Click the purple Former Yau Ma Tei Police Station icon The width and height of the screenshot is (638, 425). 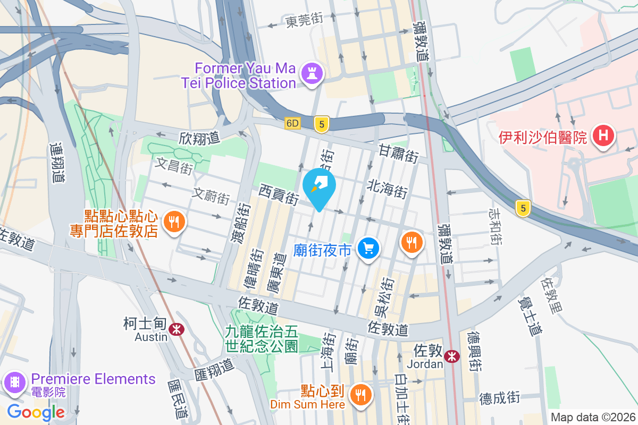point(312,73)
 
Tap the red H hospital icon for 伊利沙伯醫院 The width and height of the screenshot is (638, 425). point(603,137)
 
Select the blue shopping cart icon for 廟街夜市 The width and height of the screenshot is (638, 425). point(368,248)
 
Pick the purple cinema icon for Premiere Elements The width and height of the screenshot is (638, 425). point(13,382)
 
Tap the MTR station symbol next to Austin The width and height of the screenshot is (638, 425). point(176,330)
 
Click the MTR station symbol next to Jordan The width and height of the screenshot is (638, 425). point(452,356)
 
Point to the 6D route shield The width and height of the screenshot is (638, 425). point(292,123)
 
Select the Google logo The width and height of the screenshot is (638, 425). point(36,412)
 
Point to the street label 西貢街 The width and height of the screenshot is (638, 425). point(279,194)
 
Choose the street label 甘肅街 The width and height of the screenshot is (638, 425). point(398,153)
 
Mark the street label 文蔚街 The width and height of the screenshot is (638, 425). point(211,196)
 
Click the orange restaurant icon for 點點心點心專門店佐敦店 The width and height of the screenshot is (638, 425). point(173,220)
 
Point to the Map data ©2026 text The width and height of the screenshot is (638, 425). point(592,418)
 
